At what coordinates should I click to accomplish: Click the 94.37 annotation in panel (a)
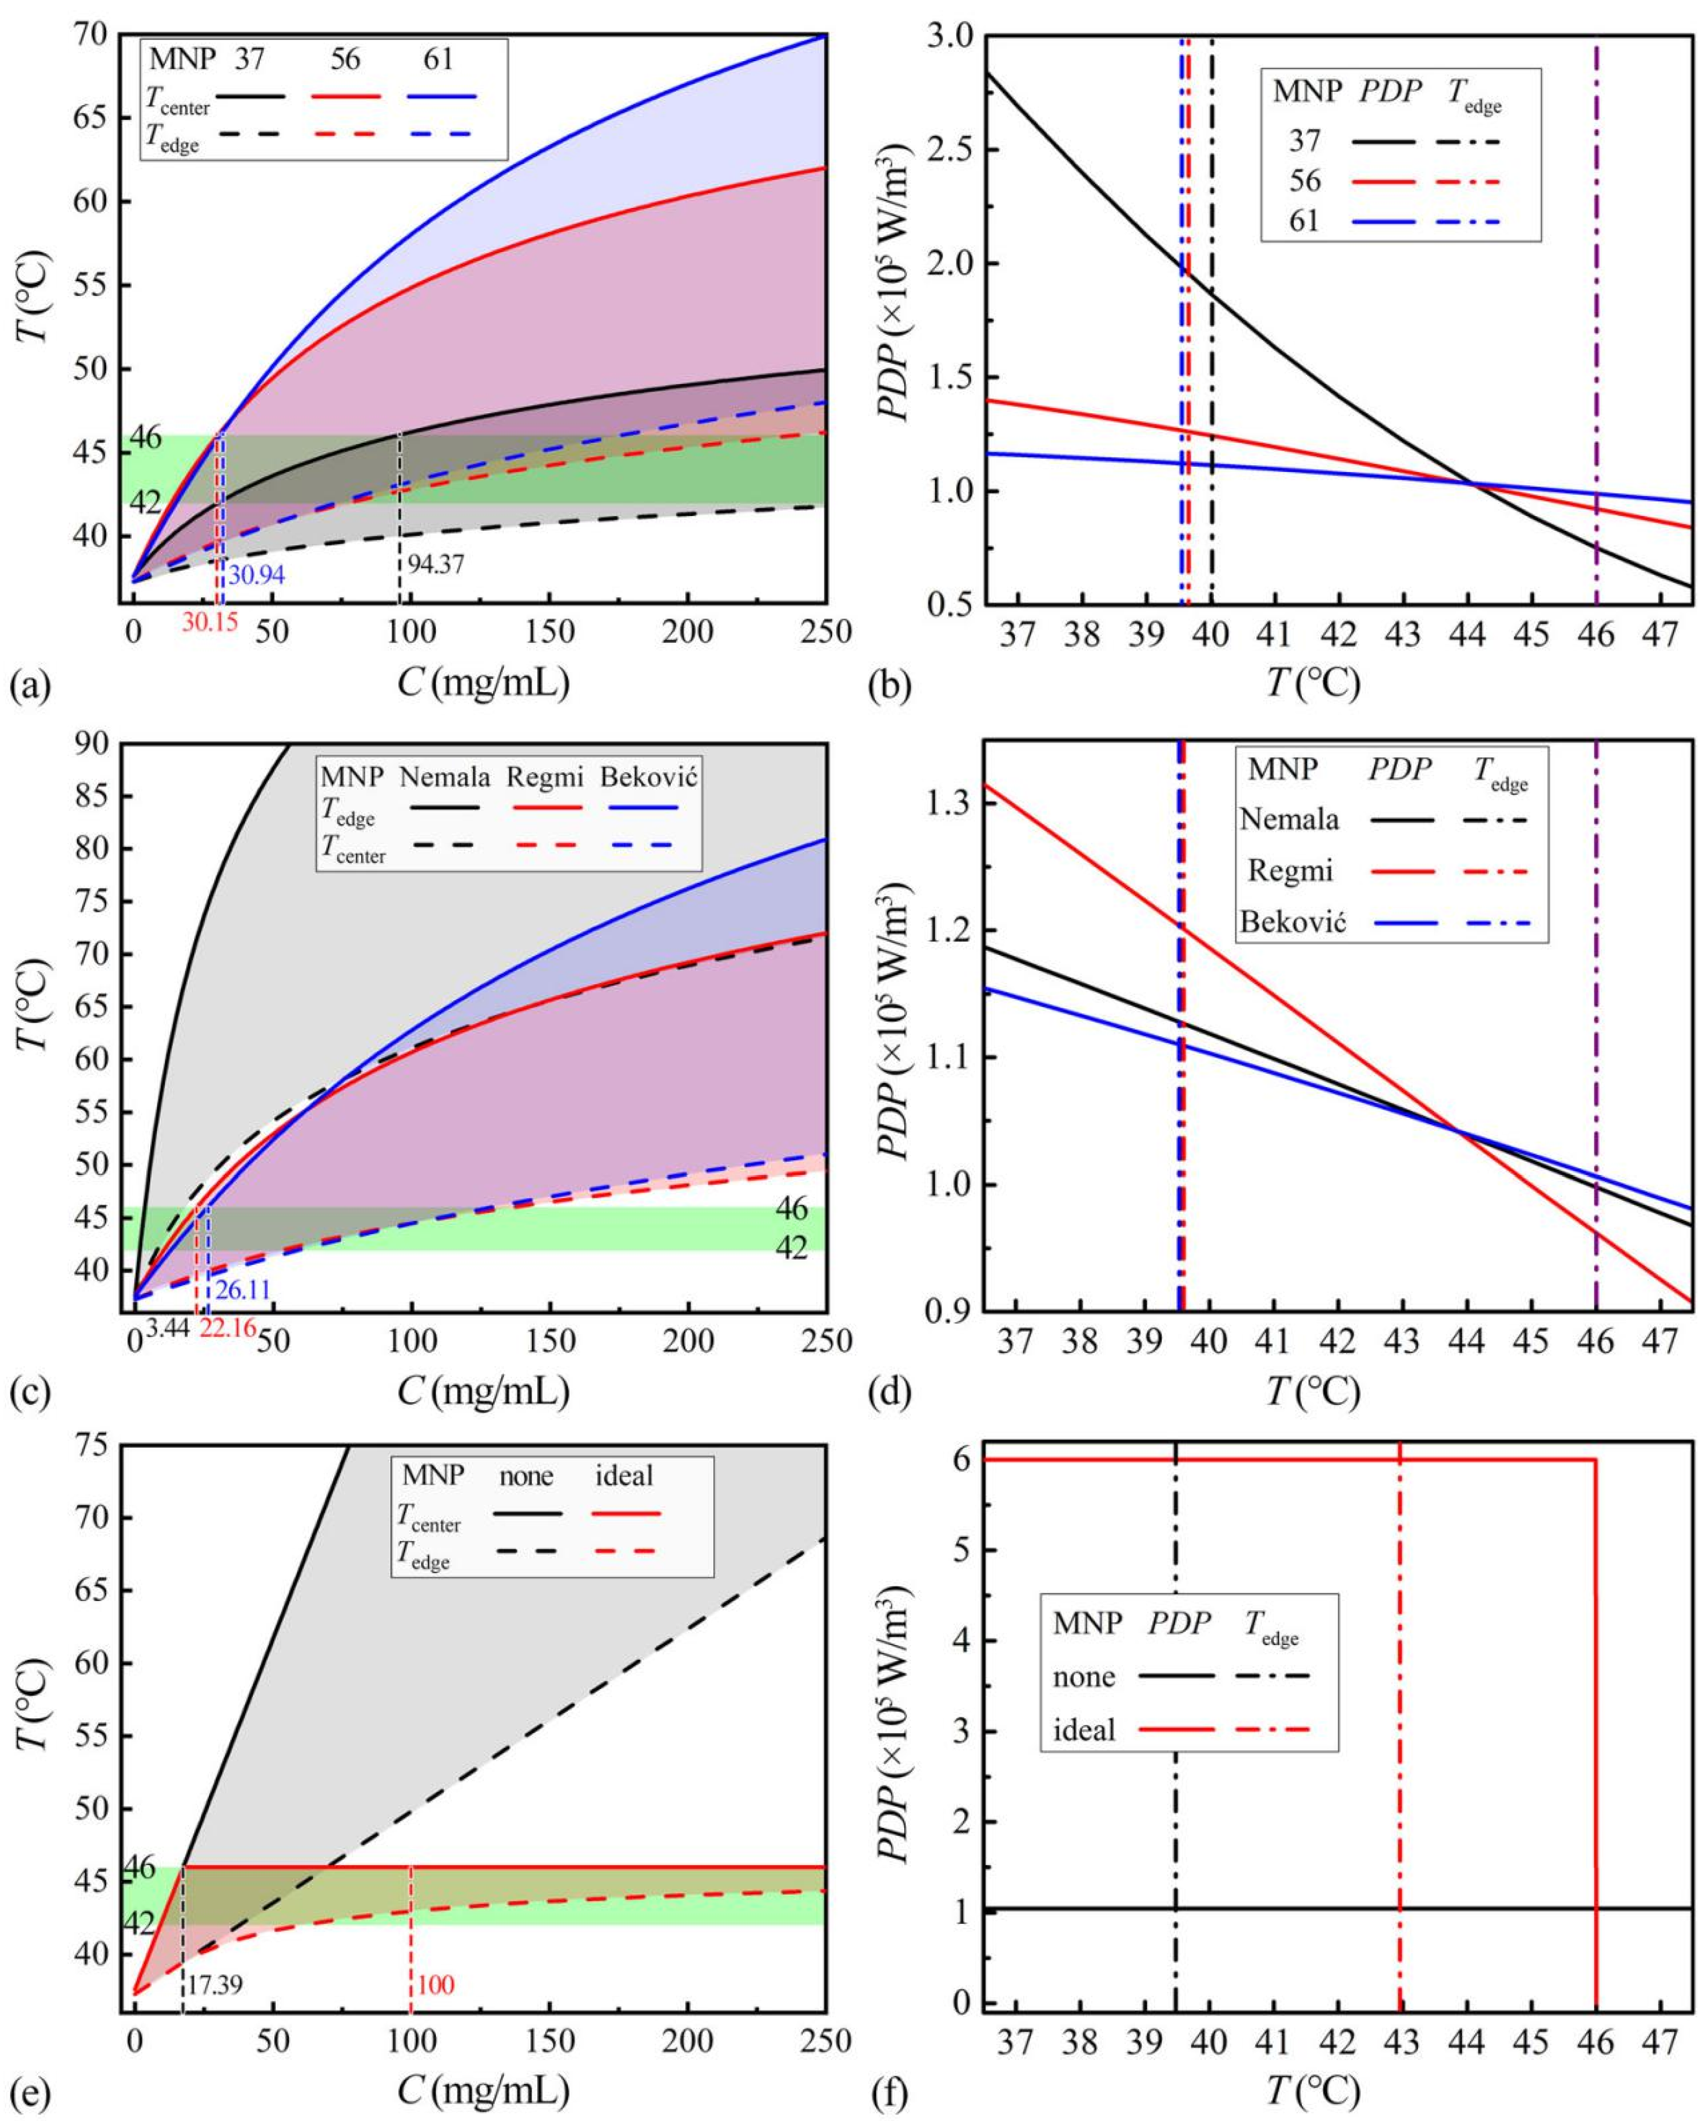436,564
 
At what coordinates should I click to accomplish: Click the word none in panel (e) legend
526,1477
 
